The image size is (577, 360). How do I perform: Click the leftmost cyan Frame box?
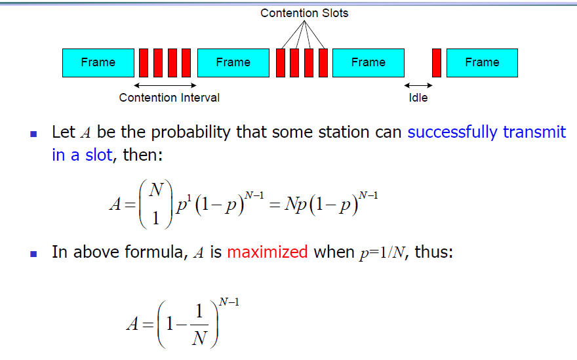click(x=98, y=63)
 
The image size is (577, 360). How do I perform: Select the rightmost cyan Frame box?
click(x=482, y=63)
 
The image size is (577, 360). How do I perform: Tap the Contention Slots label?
click(x=304, y=13)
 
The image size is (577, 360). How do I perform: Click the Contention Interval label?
click(x=169, y=98)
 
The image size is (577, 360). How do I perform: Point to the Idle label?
click(x=418, y=98)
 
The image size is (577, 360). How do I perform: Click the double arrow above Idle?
click(x=418, y=85)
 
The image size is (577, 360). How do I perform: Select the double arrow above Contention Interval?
click(x=165, y=85)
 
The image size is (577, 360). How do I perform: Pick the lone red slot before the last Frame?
click(x=437, y=63)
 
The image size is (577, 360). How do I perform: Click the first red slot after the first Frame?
click(x=144, y=63)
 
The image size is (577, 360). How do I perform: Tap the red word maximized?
click(x=268, y=252)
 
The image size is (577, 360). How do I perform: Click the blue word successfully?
click(x=452, y=132)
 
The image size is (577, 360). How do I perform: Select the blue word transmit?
click(x=534, y=132)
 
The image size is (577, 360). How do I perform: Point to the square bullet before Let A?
click(x=33, y=134)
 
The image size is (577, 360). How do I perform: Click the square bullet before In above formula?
click(x=33, y=254)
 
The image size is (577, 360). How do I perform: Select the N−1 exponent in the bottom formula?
click(x=229, y=302)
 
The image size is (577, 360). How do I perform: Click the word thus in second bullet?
click(x=433, y=252)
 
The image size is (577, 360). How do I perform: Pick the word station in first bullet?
click(x=344, y=132)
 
